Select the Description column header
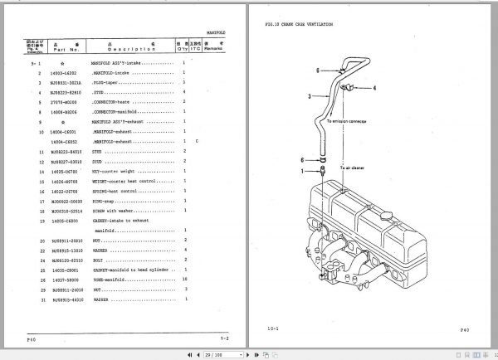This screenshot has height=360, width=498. point(130,49)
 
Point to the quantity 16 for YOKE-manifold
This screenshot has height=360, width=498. point(184,280)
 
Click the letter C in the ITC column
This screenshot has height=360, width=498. point(197,142)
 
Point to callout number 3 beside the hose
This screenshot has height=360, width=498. point(309,97)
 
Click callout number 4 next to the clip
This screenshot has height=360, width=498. point(373,87)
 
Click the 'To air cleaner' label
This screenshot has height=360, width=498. point(352,168)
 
